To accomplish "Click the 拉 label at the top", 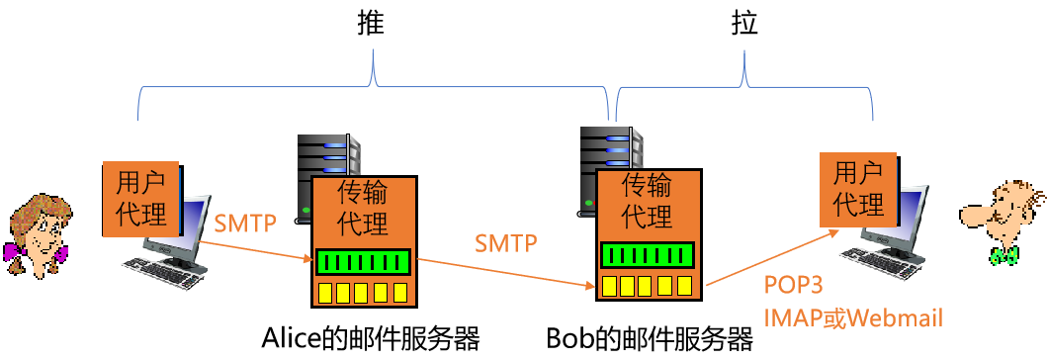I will click(743, 24).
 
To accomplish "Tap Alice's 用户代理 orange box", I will click(141, 198).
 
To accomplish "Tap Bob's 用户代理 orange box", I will click(859, 189).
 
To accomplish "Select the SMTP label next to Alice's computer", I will click(245, 223).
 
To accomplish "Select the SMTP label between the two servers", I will click(506, 242).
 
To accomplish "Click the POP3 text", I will click(793, 285).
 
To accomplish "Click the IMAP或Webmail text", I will click(853, 316).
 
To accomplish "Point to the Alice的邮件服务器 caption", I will click(371, 339).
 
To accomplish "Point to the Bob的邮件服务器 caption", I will click(650, 339).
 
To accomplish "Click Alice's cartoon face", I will click(40, 232).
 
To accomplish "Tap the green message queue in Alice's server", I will click(363, 262).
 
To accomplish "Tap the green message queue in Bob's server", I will click(648, 254).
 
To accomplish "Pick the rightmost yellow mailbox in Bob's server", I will click(684, 286).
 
